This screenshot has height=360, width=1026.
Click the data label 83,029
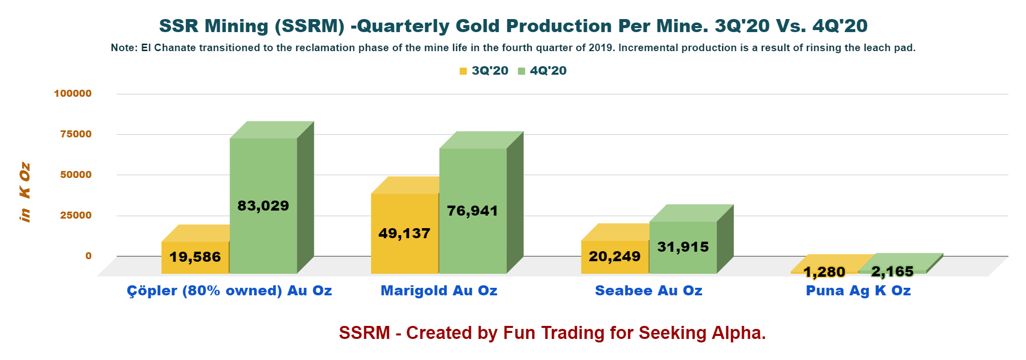pos(263,206)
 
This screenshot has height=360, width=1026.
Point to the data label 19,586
pos(195,257)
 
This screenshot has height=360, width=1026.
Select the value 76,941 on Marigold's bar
pos(473,211)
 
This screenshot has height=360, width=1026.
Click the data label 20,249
pos(614,256)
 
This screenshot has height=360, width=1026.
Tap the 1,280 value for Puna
pos(824,272)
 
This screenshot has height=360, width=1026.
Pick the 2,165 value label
pos(892,271)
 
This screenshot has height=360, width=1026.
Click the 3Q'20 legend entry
pos(484,71)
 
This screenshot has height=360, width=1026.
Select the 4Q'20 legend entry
pos(543,71)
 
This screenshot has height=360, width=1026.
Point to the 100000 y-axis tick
pos(73,93)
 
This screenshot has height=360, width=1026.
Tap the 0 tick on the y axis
pos(88,256)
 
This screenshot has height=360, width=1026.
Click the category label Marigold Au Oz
pos(439,290)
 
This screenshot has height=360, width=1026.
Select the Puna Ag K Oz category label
pos(858,290)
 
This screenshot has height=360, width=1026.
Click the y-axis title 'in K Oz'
pos(25,193)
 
